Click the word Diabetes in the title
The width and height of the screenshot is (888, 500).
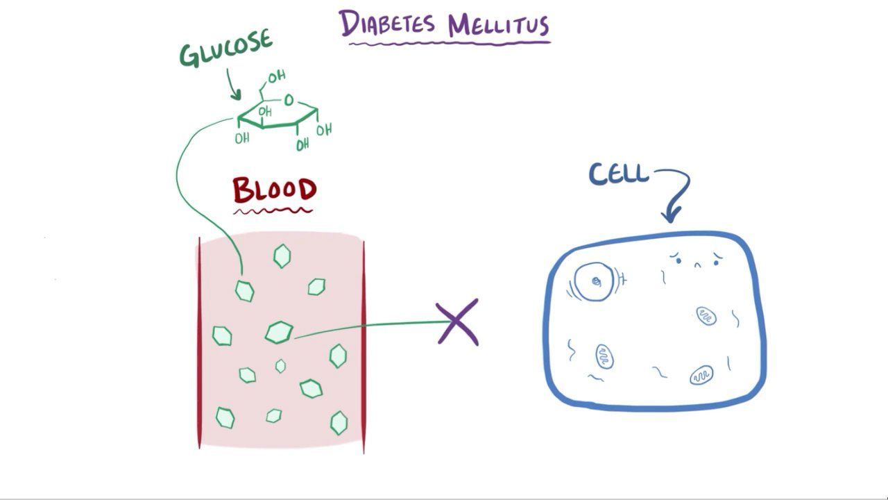[387, 23]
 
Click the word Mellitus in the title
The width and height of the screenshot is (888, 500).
[499, 26]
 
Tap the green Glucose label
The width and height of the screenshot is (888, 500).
[226, 49]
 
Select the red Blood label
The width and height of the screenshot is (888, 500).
[274, 190]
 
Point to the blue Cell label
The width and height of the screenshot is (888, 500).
[618, 174]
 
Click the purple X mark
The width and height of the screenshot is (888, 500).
[457, 322]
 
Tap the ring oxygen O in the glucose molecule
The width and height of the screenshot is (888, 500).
[289, 100]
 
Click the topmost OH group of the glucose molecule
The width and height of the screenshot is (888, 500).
[277, 76]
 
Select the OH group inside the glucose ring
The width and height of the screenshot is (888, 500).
[265, 112]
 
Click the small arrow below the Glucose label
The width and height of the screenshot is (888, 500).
[232, 84]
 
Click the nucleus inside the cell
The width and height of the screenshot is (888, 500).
[594, 282]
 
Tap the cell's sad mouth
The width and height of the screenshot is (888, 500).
[698, 265]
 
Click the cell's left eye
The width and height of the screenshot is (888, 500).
[678, 260]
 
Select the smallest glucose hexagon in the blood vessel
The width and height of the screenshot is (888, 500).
[280, 366]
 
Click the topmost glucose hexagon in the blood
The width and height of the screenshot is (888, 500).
[282, 256]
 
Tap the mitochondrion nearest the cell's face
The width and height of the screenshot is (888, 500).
[706, 316]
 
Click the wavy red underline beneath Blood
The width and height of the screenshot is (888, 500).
[273, 210]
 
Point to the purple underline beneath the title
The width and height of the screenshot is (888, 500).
[450, 43]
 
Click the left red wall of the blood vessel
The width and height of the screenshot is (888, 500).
[199, 343]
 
